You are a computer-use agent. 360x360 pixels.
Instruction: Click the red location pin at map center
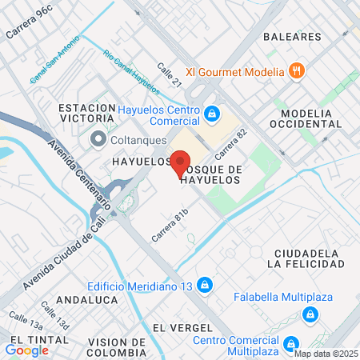tap(180, 162)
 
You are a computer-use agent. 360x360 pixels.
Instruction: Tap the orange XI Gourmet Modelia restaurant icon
tap(297, 71)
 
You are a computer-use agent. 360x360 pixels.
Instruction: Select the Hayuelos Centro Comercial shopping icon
tap(211, 114)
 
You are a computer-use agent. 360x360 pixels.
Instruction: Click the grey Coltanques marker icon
tap(98, 140)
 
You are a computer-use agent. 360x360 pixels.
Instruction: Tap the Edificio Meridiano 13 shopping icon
tap(206, 284)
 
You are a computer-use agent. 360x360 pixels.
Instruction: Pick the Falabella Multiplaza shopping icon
tap(308, 316)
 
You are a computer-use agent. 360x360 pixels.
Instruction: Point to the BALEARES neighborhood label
tap(292, 37)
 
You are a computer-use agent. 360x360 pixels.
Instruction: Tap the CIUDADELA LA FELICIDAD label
tap(308, 258)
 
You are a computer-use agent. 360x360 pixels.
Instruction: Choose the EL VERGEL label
tap(183, 328)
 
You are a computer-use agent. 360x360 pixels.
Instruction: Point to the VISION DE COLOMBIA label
tap(107, 347)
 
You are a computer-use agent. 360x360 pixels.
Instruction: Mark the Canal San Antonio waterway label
tap(54, 59)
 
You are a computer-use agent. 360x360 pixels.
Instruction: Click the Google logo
tap(26, 350)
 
